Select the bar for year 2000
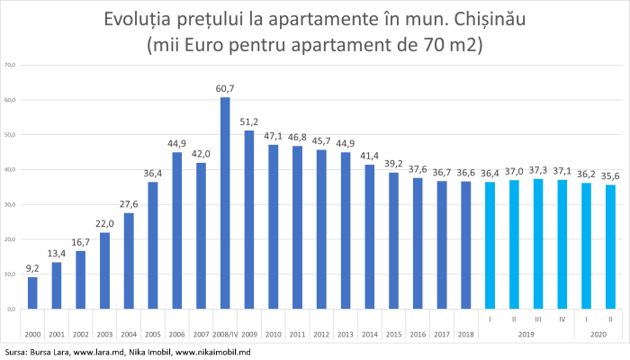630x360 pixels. [32, 292]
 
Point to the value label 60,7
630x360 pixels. [225, 88]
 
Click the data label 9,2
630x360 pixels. [32, 268]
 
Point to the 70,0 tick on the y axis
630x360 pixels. [11, 65]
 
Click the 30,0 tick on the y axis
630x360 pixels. [11, 204]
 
